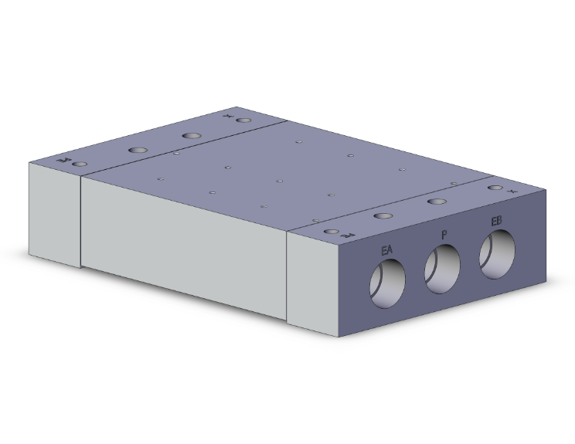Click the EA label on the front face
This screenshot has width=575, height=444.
pos(387,250)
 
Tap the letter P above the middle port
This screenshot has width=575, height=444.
pos(444,234)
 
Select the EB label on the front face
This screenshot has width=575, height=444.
pos(497,222)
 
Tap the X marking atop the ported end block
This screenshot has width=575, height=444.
pos(511,188)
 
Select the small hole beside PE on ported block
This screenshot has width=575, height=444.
pos(332,232)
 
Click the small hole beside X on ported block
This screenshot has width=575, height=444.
pos(494,188)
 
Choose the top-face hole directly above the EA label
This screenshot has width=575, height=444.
pos(381,217)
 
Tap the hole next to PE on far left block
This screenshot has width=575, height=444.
pos(77,164)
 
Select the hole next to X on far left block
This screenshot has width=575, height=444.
pos(244,121)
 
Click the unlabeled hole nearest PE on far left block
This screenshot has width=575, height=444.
pos(138,149)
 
